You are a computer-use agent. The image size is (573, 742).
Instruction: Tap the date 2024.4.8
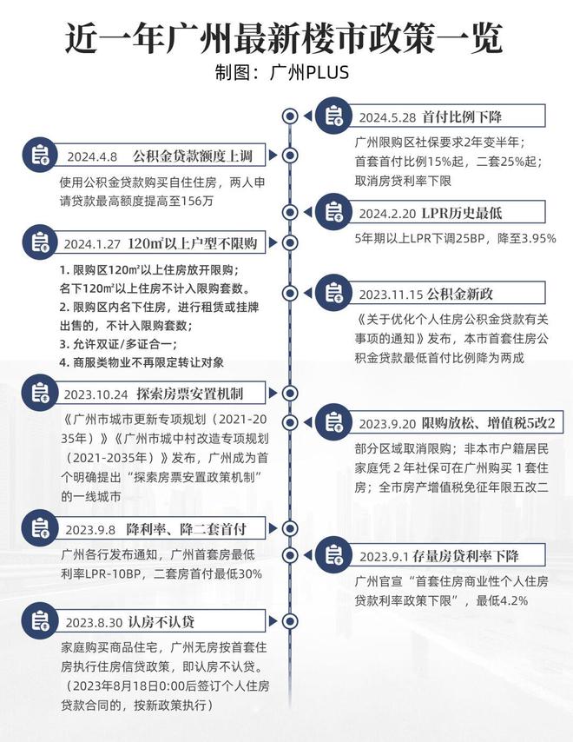(x=92, y=156)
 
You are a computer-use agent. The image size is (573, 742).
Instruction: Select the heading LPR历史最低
(x=461, y=213)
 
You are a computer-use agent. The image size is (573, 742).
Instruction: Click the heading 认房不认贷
(x=161, y=622)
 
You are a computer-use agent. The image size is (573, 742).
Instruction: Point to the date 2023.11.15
(x=391, y=295)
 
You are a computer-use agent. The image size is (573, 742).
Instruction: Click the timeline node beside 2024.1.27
(x=289, y=242)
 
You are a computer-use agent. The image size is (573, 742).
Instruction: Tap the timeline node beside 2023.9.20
(x=289, y=421)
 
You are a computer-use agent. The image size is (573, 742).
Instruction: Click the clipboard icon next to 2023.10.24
(x=40, y=393)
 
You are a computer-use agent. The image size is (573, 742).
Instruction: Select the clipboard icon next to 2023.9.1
(x=333, y=554)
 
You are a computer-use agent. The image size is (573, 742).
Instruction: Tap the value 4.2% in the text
(x=514, y=601)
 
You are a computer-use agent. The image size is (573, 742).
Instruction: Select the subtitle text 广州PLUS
(x=309, y=72)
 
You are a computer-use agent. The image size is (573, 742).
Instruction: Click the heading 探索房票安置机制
(x=190, y=394)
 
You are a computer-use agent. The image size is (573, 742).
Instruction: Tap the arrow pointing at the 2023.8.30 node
(x=273, y=621)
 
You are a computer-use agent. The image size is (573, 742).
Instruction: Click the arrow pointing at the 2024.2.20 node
(x=307, y=213)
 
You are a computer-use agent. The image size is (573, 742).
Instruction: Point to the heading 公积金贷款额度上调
(x=193, y=156)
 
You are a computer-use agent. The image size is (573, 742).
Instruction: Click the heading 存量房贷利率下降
(x=465, y=555)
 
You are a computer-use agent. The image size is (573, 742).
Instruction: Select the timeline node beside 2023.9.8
(x=289, y=528)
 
